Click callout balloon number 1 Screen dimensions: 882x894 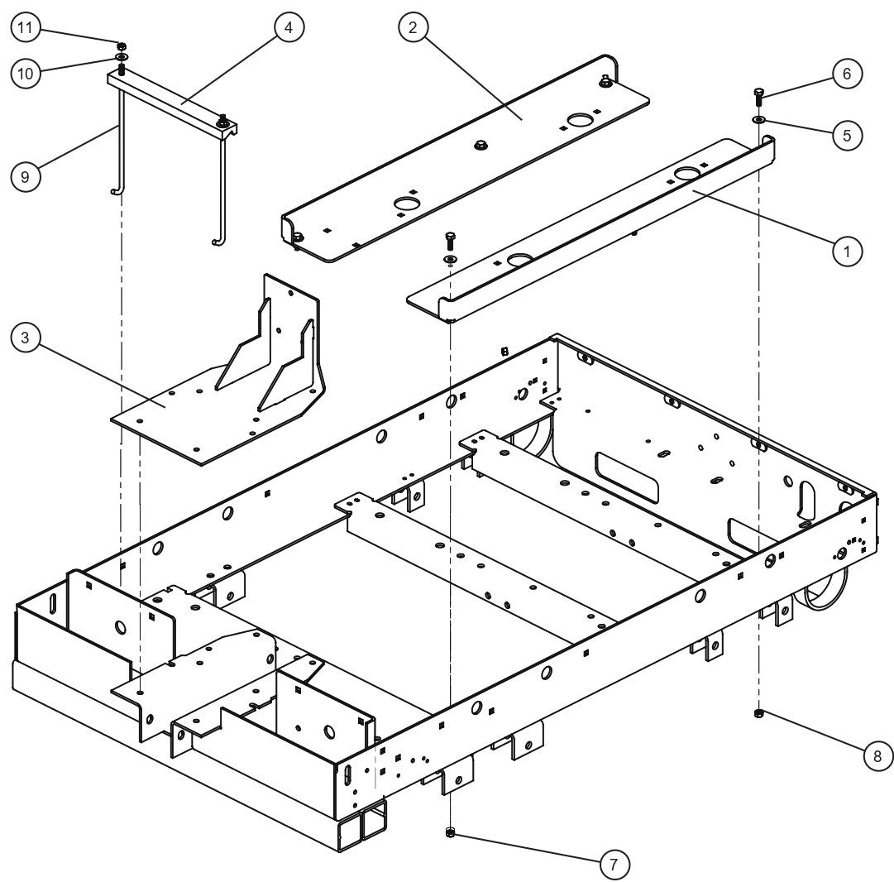846,251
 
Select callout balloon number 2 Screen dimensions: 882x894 413,26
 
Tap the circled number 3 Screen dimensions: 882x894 26,339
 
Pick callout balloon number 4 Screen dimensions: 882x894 289,26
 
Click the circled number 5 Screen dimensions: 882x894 846,134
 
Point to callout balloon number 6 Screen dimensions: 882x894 846,74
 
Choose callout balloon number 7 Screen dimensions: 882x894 614,864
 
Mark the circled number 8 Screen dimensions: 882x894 877,755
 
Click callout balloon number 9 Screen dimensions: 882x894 26,177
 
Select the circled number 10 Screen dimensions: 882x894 26,73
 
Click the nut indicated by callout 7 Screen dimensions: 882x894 450,832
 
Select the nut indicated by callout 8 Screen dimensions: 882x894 759,713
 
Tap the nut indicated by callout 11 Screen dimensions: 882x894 121,46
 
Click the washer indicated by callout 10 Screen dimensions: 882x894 121,57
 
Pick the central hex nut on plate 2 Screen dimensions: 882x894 479,146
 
